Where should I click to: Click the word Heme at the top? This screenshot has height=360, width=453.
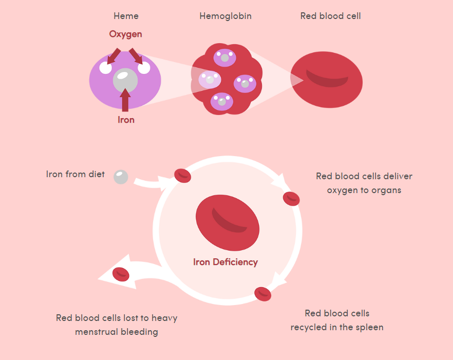pos(126,16)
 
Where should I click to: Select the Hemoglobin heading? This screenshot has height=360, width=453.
pos(225,16)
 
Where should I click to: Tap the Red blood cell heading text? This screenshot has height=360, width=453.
pos(330,16)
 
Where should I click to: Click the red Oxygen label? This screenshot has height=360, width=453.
pos(125,34)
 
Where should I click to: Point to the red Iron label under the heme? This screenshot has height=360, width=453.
pos(126,120)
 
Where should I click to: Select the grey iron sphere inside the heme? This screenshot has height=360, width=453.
pos(125,80)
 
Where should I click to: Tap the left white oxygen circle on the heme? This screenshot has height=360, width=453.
pos(106,68)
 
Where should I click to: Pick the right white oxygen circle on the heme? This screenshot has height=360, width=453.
pos(144,68)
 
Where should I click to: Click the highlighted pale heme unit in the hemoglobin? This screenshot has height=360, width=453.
pos(210,80)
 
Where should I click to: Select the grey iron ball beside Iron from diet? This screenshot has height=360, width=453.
pos(121,177)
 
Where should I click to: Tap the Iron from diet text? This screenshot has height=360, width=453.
pos(75,174)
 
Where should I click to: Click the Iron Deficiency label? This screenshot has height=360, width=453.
pos(225,262)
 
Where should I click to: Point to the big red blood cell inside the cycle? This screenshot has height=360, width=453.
pos(228,222)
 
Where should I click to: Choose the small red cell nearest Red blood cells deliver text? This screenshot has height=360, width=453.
pos(291,198)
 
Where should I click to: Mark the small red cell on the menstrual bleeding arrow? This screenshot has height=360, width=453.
pos(121,274)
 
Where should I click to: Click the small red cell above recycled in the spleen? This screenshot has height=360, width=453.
pos(262,294)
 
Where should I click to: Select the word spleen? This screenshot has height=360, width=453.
pos(369,327)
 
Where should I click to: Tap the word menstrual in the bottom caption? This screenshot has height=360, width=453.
pos(96,332)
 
